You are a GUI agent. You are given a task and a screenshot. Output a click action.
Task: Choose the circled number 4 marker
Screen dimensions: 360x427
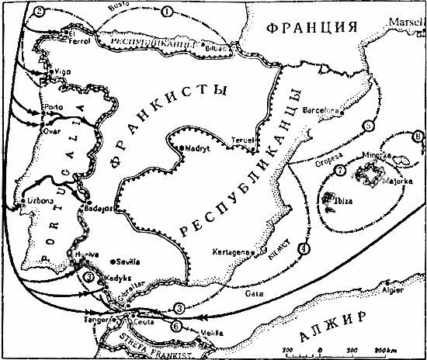pos(303,248)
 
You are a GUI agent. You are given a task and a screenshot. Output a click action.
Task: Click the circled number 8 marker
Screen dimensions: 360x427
pos(418,137)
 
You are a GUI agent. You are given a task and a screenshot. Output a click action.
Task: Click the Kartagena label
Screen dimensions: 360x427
pos(232,253)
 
